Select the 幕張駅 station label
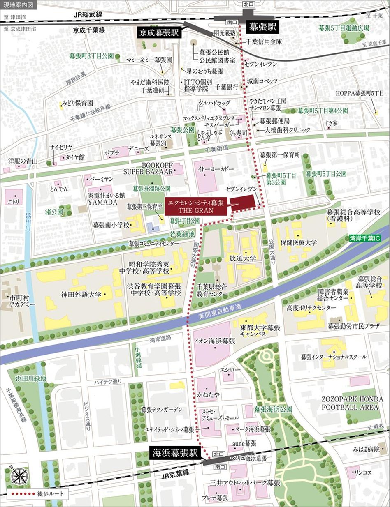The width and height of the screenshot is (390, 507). pyautogui.click(x=262, y=28)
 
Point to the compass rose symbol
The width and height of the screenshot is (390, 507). pyautogui.click(x=19, y=477)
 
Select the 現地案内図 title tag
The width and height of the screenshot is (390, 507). pyautogui.click(x=19, y=5)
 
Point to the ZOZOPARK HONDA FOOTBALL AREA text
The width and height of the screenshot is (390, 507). pyautogui.click(x=353, y=403)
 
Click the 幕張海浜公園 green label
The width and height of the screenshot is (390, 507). pyautogui.click(x=273, y=410)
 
